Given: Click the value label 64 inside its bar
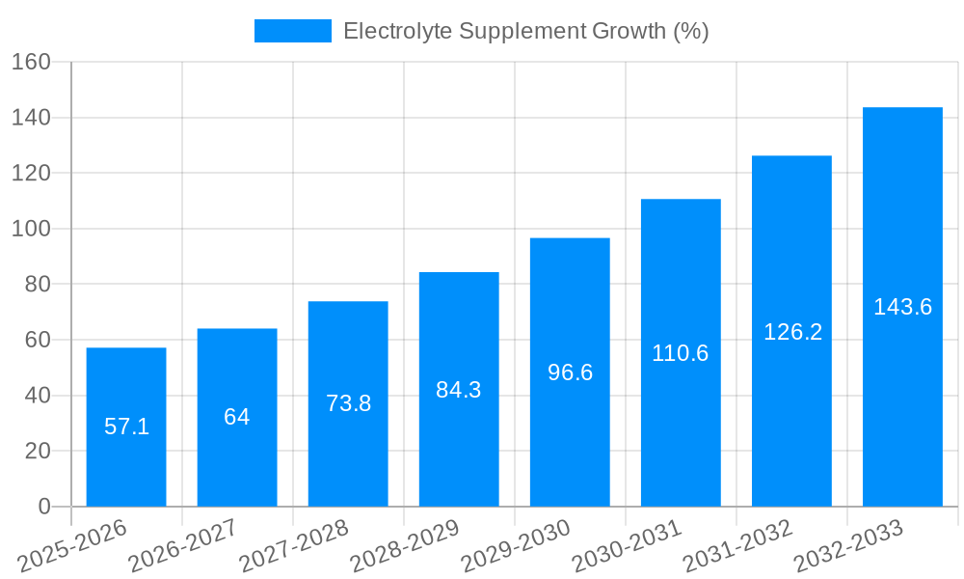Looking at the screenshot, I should coord(237,417).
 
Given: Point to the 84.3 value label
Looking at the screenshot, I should coord(459,390).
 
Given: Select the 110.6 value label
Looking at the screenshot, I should coord(681,353).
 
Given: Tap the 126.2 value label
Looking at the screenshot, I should coord(792,332).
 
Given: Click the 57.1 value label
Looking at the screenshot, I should coord(126,427).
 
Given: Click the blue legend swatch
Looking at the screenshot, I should coord(293,31).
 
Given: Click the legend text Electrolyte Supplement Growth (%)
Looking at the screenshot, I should coord(526,31).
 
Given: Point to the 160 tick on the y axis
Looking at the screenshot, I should coord(31,62).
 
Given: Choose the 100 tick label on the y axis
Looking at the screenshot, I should coord(31,229).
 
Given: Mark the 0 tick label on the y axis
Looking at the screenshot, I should coord(43,507).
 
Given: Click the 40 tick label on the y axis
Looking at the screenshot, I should coord(37,396).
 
